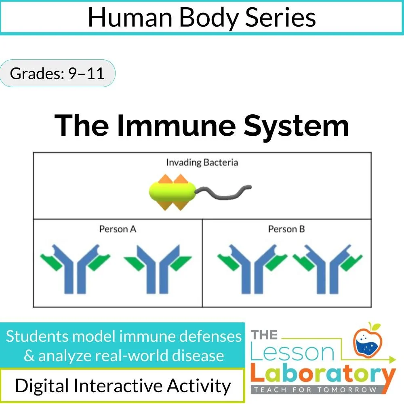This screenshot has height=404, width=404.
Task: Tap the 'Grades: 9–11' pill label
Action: [x=57, y=74]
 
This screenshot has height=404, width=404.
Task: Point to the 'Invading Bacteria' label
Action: [x=202, y=162]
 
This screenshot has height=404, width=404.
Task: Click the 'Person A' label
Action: [x=118, y=229]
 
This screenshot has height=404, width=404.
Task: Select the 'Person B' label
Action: [x=286, y=229]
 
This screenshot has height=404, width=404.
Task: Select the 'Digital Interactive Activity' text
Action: [x=123, y=385]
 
